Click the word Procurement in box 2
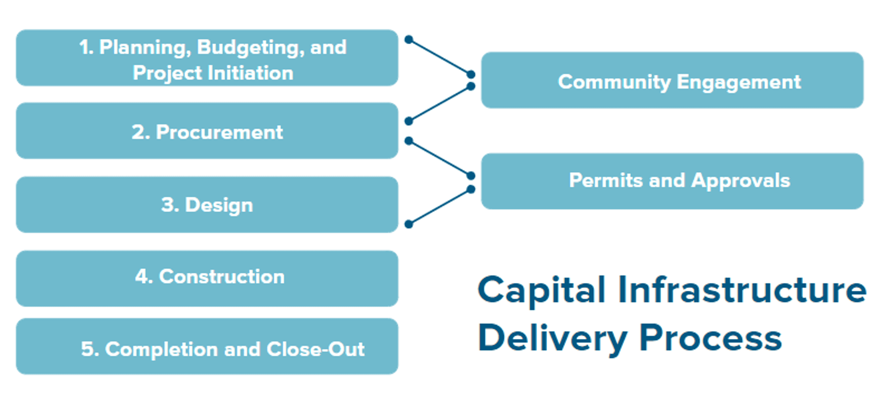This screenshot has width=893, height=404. [219, 132]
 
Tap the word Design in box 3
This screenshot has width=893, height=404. [219, 205]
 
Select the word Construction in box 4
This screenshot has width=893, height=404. [222, 277]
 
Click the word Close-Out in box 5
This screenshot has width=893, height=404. [316, 349]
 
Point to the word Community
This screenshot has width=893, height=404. [614, 82]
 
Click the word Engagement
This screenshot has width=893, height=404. [739, 82]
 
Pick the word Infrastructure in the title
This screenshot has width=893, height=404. [742, 289]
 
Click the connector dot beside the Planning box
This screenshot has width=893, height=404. [409, 39]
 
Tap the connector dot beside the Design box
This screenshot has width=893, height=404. [409, 224]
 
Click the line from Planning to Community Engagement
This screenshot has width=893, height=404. [440, 57]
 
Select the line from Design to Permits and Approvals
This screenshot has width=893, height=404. [440, 207]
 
